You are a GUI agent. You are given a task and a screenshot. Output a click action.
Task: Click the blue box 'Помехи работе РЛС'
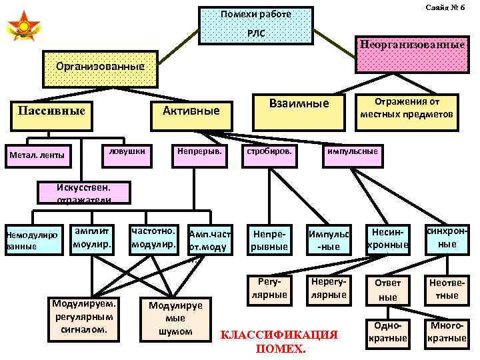coord(257,25)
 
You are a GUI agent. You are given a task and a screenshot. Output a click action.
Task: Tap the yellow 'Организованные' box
coord(100,69)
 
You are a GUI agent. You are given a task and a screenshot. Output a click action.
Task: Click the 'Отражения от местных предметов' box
coord(407,109)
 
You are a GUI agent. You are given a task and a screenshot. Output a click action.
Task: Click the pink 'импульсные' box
coord(352,153)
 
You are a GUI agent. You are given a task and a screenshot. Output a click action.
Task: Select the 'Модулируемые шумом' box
coord(171,317)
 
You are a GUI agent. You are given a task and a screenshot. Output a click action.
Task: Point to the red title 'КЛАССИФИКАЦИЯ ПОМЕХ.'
coord(280,341)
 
